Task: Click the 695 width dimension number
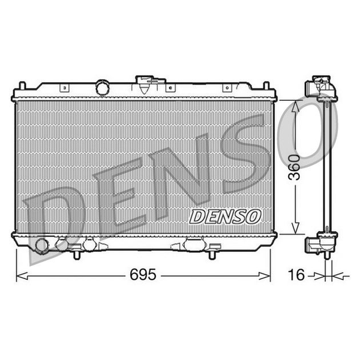point(143,274)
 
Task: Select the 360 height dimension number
point(295,167)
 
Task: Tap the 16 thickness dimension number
point(296,275)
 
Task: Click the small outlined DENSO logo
point(225,217)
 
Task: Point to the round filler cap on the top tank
point(103,88)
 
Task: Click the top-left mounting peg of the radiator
point(22,86)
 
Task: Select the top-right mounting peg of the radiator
point(266,86)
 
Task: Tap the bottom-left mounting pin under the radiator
point(77,256)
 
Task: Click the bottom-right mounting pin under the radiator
point(212,256)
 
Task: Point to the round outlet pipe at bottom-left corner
point(42,245)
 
